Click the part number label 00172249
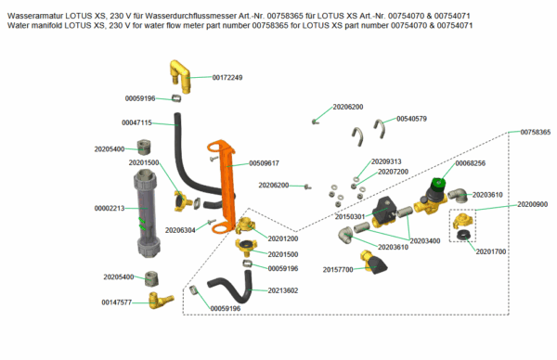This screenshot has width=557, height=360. point(227,77)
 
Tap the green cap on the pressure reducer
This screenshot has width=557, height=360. point(438,185)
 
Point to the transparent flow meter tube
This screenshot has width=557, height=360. point(146,212)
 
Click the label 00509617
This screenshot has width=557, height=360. point(264,163)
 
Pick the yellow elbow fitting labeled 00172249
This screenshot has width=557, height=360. point(181,76)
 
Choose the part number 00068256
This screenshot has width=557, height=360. point(470,163)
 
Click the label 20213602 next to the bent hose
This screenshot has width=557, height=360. point(283,290)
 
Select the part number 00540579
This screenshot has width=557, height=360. point(411,119)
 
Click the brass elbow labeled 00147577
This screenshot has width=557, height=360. point(161,300)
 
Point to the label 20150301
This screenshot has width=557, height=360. point(350,216)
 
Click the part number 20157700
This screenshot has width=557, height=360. point(338,269)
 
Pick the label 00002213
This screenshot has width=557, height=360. point(110,208)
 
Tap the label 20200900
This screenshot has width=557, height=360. point(533,204)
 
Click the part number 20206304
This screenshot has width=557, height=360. point(180,230)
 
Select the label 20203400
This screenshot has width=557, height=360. point(425,240)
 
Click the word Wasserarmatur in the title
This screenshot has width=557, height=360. point(35,16)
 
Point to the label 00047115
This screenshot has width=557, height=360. point(136,122)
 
